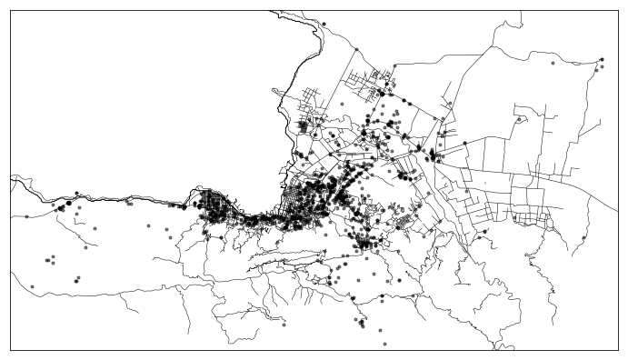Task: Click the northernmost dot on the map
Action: (324, 24)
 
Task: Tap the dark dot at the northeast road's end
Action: (602, 60)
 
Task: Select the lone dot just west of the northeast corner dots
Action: (553, 64)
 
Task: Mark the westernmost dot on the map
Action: (27, 216)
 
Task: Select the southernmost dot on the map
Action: (384, 345)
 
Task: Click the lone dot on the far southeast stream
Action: (583, 239)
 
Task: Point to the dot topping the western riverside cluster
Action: (76, 193)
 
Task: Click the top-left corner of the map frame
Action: (10, 11)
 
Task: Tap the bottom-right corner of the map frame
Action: (617, 349)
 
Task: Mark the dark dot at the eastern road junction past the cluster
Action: (465, 144)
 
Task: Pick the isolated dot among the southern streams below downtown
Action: (284, 324)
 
